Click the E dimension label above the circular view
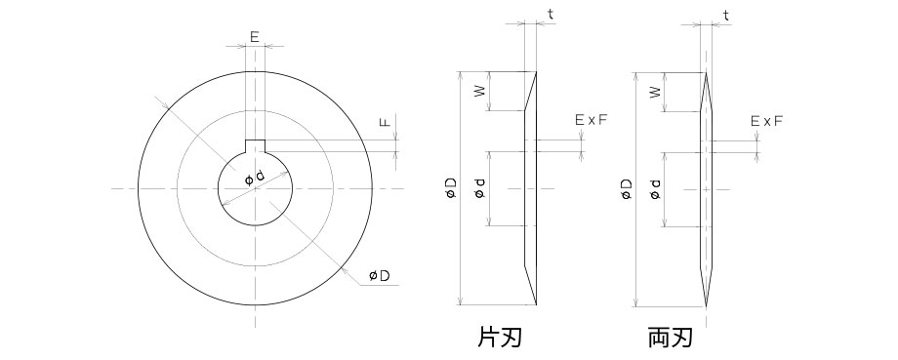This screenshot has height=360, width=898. (x=254, y=37)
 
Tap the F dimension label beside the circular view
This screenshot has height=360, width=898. (x=386, y=123)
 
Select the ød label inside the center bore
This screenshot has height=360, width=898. (x=254, y=179)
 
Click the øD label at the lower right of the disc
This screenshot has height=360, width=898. (x=380, y=276)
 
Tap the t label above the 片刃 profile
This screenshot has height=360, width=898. (x=550, y=15)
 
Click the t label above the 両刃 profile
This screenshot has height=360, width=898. (x=726, y=15)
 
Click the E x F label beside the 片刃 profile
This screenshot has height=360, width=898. (x=591, y=120)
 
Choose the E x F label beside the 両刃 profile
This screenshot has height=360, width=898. (x=767, y=120)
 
